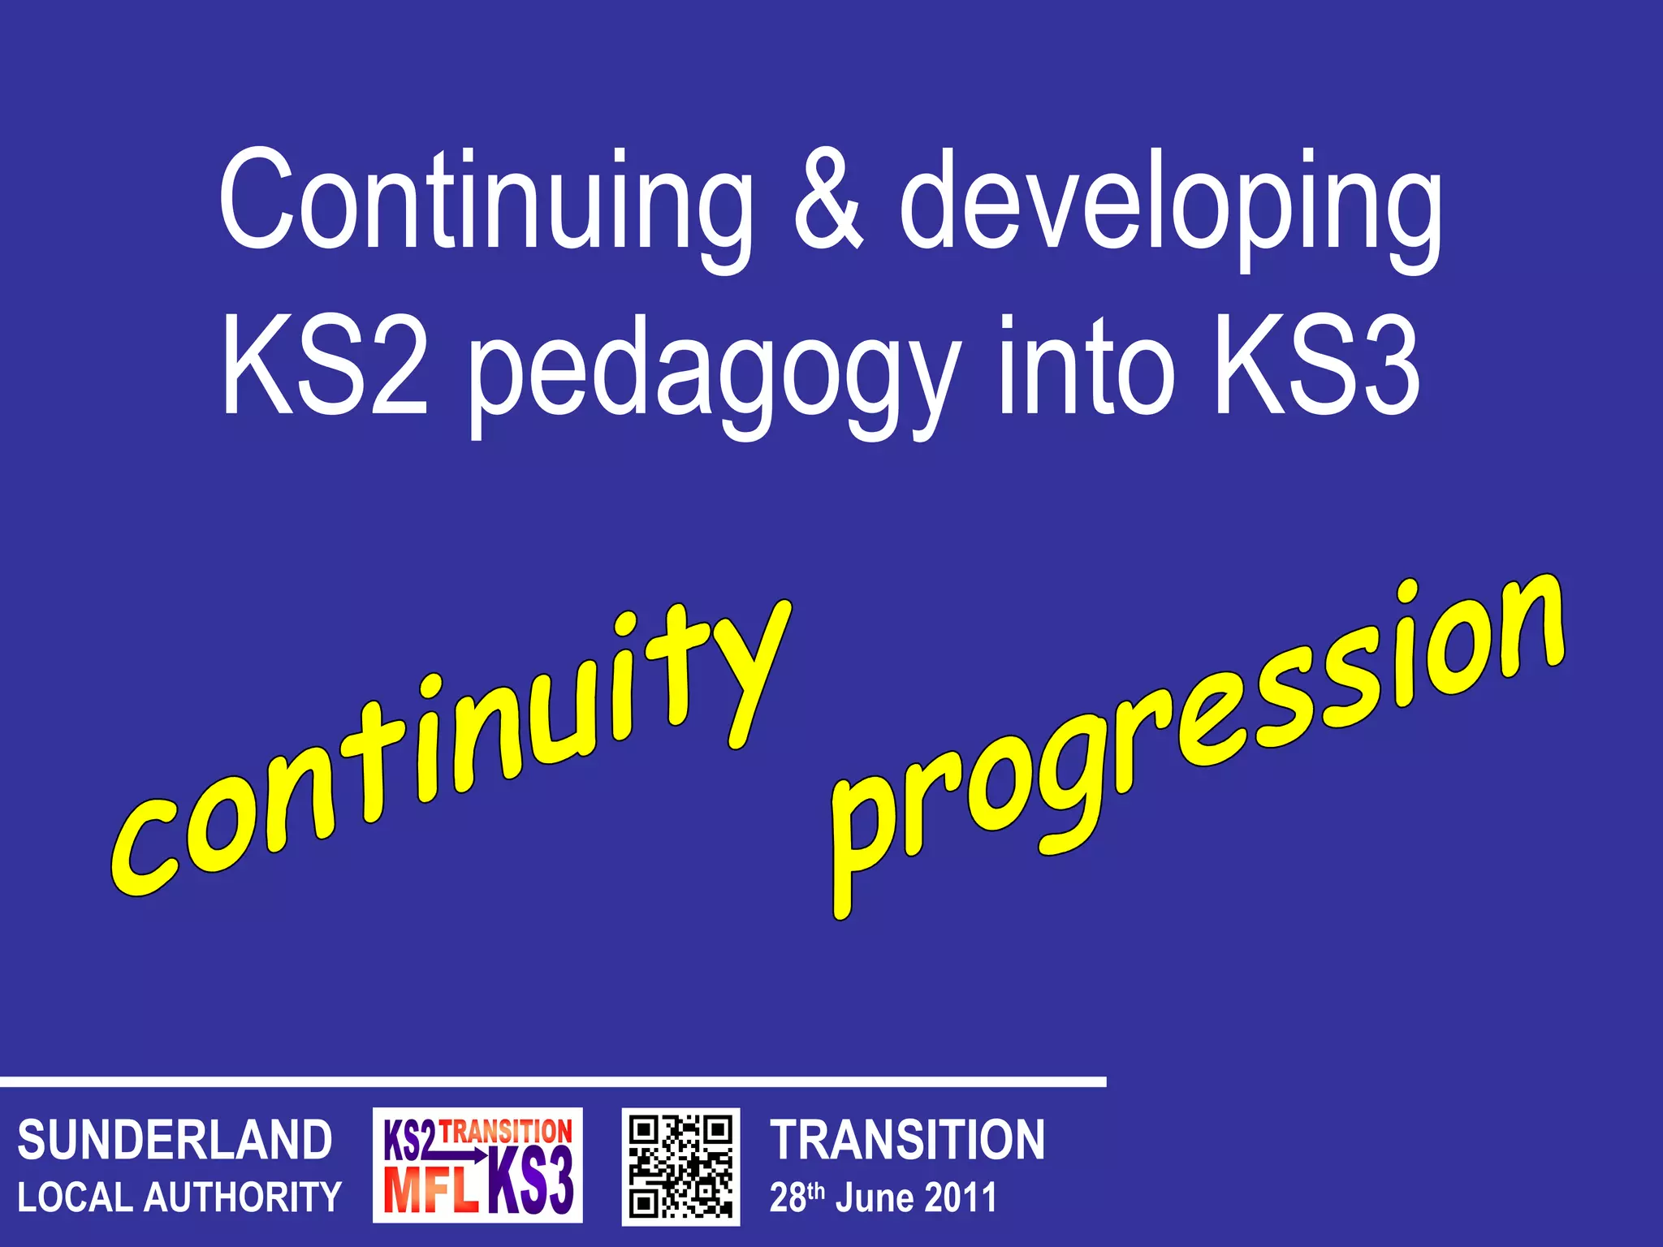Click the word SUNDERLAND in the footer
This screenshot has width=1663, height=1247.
(x=175, y=1140)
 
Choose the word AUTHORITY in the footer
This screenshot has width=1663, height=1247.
(x=243, y=1197)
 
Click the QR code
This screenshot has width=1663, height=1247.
(x=680, y=1167)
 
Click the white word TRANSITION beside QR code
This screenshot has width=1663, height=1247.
(x=907, y=1140)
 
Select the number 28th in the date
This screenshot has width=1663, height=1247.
(x=797, y=1197)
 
